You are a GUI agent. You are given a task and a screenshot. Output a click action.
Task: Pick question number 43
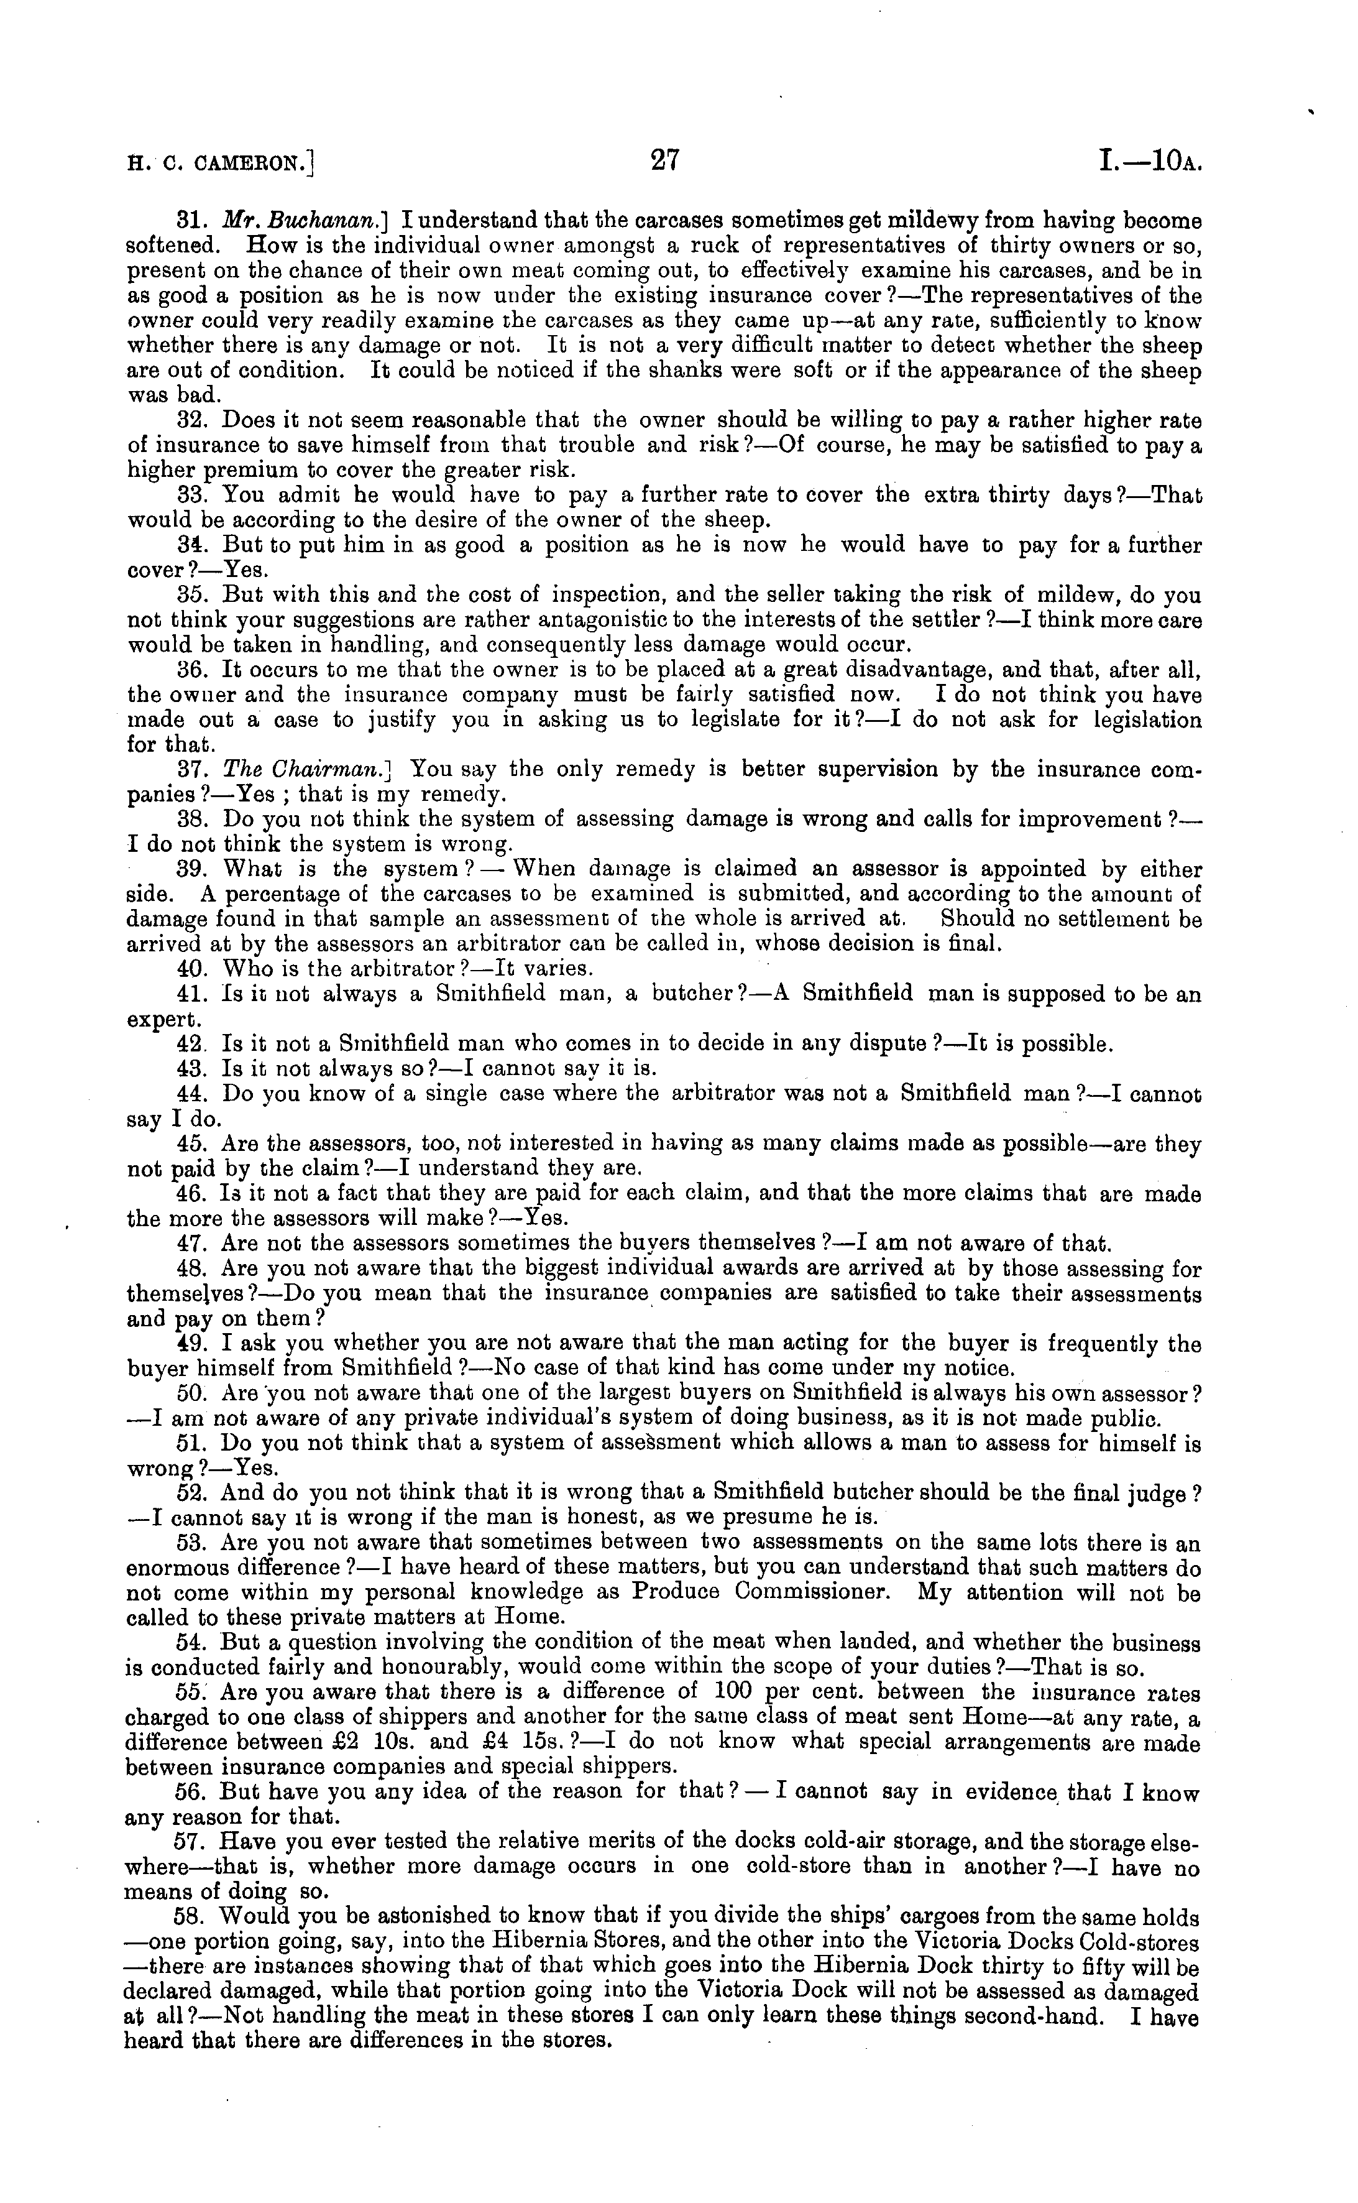191,1069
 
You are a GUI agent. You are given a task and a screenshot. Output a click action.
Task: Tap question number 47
191,1244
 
